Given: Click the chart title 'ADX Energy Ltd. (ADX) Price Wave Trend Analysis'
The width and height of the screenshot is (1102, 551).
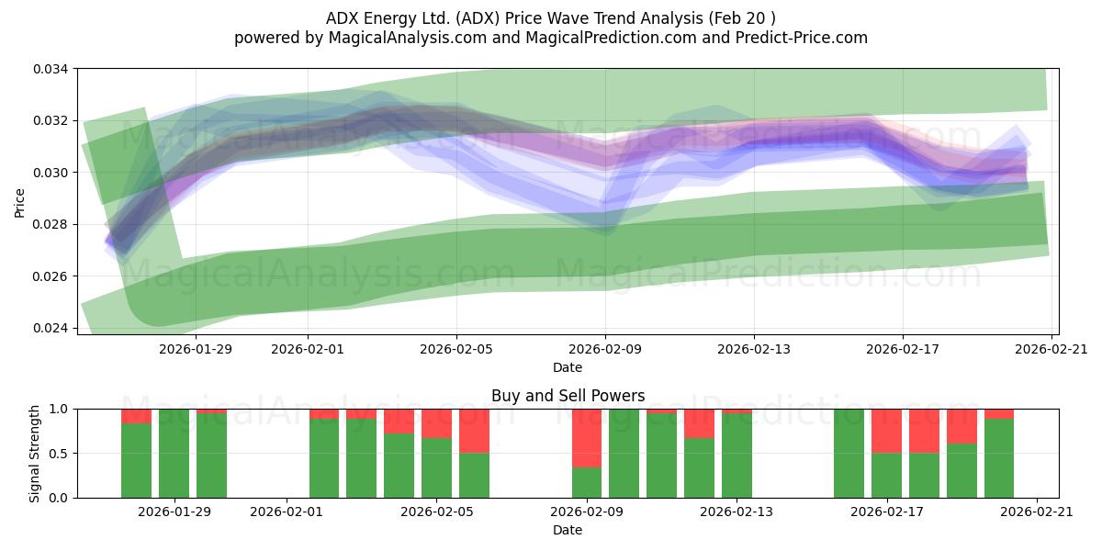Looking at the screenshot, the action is [514, 18].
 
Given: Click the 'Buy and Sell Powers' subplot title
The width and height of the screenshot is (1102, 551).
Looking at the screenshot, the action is [568, 396].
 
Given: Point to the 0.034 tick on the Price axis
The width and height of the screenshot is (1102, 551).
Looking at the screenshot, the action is [51, 69].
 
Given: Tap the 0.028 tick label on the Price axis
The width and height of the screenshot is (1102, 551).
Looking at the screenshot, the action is [51, 224].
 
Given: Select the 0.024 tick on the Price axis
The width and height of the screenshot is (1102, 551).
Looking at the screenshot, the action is [51, 328].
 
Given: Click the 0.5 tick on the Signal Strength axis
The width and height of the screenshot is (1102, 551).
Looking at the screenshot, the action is [60, 453].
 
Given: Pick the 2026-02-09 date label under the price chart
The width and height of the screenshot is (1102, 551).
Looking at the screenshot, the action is [605, 349].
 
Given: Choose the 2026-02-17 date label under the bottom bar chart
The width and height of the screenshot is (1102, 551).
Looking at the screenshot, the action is [887, 512].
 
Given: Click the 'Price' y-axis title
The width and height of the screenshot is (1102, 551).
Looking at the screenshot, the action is [19, 203].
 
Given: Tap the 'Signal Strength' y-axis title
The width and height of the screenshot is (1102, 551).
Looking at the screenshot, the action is [34, 454].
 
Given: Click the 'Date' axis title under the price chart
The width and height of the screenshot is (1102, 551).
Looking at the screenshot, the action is [568, 367].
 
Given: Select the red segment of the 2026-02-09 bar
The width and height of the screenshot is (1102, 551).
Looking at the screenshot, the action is [587, 438].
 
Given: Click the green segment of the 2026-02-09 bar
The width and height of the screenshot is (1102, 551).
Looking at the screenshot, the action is [587, 483].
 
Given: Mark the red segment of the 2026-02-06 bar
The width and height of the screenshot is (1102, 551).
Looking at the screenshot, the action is [474, 431].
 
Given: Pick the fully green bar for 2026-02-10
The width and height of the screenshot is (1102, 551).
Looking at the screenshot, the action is [624, 454].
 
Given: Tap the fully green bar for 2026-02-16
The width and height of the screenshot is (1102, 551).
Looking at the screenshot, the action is [849, 454].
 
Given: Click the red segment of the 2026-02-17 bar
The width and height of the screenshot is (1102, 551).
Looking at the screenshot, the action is [886, 431].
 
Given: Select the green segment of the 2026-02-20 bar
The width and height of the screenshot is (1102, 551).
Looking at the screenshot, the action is [999, 458].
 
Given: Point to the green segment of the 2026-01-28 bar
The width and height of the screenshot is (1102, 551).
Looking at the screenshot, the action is [136, 460].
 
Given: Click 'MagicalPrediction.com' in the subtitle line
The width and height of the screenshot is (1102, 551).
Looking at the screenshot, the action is [611, 38].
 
